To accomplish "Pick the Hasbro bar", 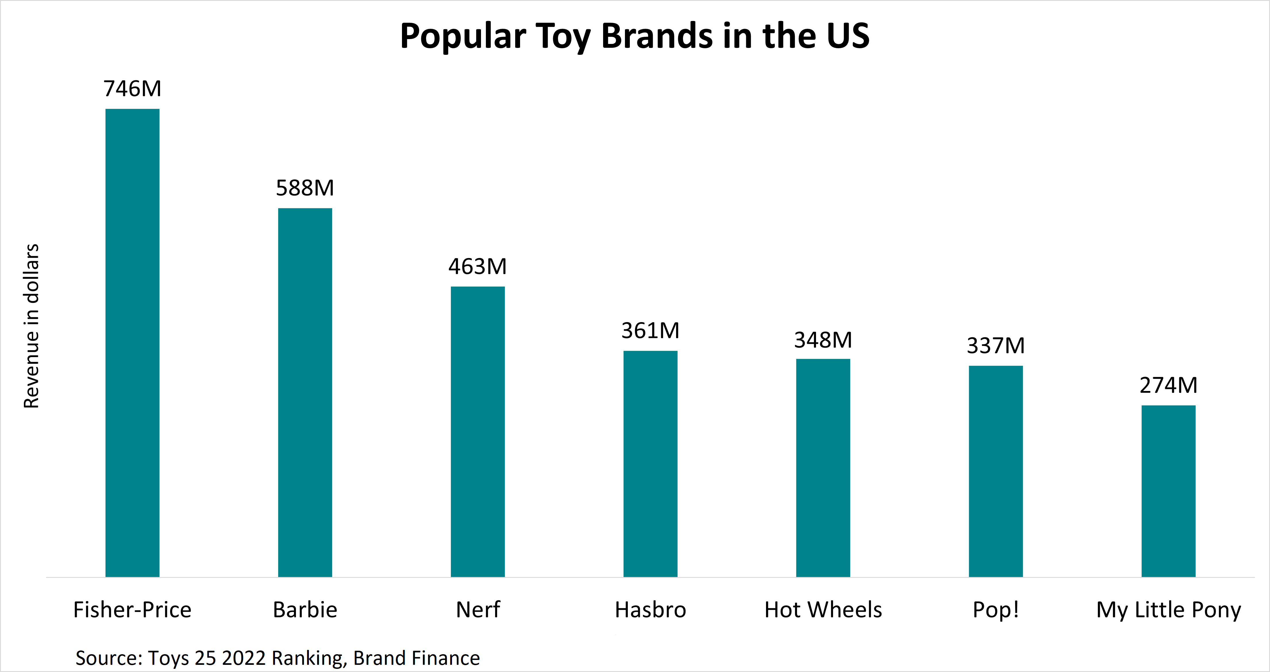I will [650, 464].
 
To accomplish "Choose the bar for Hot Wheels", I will [823, 468].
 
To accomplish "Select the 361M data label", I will [650, 331].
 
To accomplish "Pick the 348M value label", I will [823, 340].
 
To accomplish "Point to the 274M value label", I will [1169, 385].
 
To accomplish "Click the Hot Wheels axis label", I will [823, 610].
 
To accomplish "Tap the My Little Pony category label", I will [1169, 610].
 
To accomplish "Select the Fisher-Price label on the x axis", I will [132, 610].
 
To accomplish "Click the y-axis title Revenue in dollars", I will [31, 326].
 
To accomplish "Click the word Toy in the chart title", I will [563, 36].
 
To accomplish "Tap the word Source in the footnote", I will [108, 658].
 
